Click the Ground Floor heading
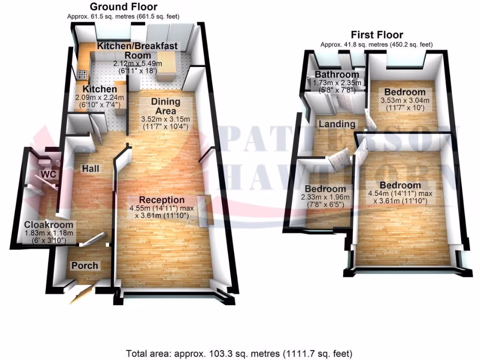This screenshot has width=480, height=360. [123, 7]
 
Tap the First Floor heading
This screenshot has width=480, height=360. [377, 35]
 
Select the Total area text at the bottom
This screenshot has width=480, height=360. [239, 354]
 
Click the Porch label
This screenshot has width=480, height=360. [85, 265]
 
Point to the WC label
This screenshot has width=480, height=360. [49, 174]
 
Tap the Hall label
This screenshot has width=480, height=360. [90, 168]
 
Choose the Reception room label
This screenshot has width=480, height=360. [162, 200]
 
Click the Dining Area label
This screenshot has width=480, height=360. [165, 106]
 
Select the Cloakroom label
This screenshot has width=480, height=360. [49, 225]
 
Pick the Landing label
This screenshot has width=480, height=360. [337, 124]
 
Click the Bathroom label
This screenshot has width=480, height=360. [337, 75]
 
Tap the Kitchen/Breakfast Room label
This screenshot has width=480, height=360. [137, 51]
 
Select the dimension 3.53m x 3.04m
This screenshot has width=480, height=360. [405, 100]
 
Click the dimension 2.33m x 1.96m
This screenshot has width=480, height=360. [325, 197]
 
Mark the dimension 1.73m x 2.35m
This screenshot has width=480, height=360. [337, 82]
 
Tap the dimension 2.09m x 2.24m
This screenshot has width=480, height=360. [99, 97]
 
